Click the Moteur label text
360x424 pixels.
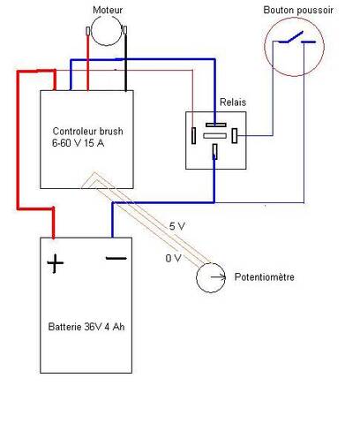pos(108,10)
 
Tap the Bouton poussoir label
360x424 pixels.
pos(298,11)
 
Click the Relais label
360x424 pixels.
pos(233,102)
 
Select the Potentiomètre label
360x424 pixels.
pos(265,277)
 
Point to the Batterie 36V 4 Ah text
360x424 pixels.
pos(86,327)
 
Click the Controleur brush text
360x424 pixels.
pos(87,132)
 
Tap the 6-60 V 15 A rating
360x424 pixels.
pos(78,143)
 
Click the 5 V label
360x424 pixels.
pos(177,226)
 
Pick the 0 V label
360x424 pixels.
pos(173,258)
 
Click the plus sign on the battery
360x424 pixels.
pos(55,263)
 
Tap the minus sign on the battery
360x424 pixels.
pos(116,259)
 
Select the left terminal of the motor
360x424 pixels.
pos(87,31)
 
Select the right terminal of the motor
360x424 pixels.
pos(125,30)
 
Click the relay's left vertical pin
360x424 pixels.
pos(193,136)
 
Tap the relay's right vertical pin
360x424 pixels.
pos(235,136)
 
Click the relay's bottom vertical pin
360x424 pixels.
pos(215,152)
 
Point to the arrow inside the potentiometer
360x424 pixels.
pos(218,276)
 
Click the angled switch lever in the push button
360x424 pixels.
pos(295,37)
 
